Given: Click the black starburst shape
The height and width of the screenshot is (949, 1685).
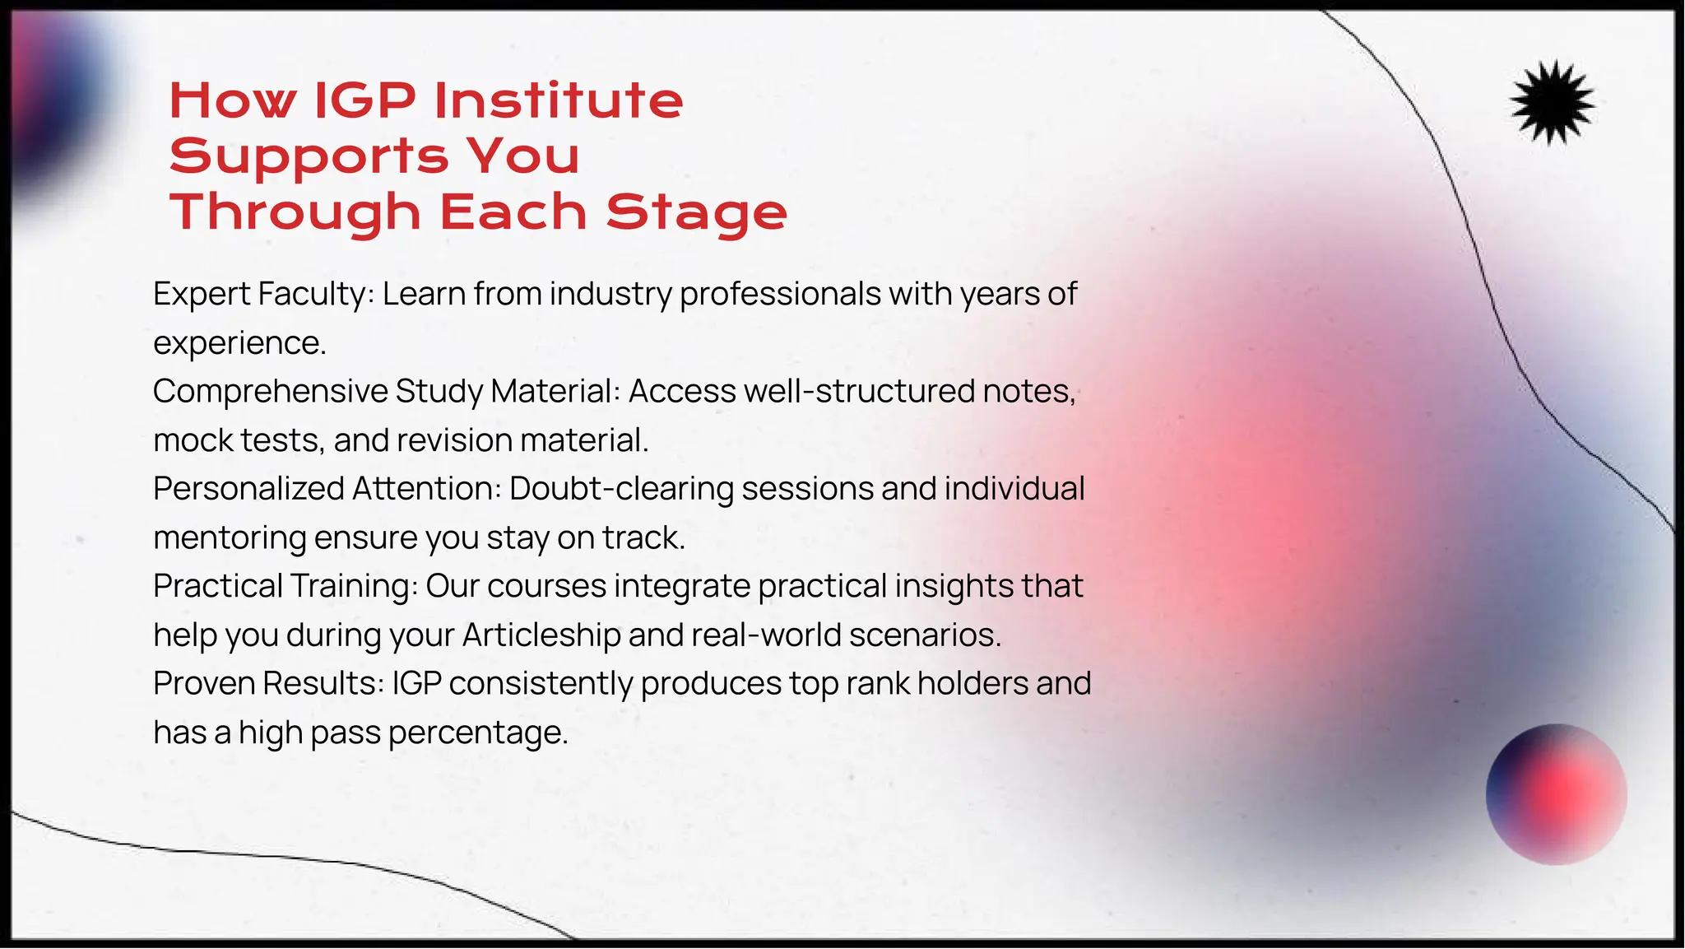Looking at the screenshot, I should coord(1553,103).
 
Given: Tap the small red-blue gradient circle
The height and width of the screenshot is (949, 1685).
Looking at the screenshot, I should coord(1556,793).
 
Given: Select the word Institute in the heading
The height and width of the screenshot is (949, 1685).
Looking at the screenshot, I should coord(559,100).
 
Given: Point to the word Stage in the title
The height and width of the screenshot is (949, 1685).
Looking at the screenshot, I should coord(696,212).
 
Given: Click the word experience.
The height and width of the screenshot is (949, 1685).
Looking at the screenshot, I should coord(239,343).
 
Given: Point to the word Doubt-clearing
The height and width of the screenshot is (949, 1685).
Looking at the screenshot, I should coord(621,489).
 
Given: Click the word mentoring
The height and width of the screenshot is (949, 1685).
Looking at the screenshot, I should coord(230,538).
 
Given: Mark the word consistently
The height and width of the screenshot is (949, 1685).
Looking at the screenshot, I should coord(541,683).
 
